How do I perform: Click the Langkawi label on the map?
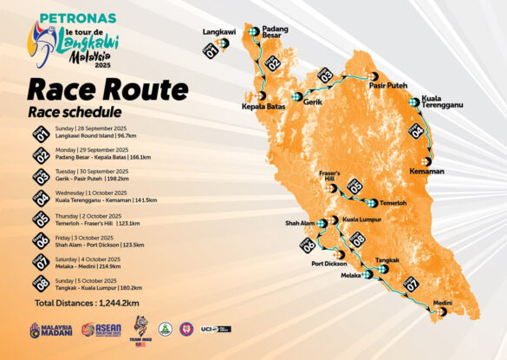[219, 32]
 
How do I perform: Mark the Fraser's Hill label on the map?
[333, 176]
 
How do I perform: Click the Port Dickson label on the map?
[330, 264]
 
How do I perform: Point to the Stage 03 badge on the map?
[326, 76]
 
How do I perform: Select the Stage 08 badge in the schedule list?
[41, 285]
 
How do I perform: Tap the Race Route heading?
[107, 89]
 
